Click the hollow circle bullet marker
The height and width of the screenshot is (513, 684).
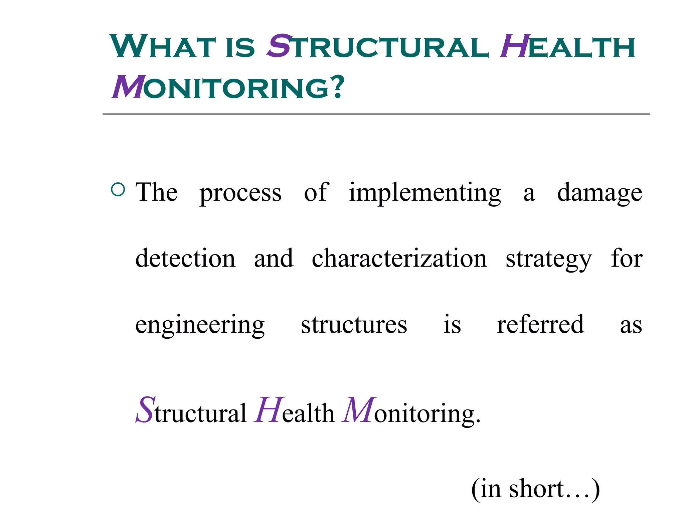pyautogui.click(x=118, y=189)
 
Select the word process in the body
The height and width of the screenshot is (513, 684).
pyautogui.click(x=240, y=193)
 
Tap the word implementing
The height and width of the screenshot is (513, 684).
pyautogui.click(x=425, y=193)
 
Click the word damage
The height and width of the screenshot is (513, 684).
pyautogui.click(x=600, y=193)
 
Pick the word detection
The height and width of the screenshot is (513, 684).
pyautogui.click(x=185, y=259)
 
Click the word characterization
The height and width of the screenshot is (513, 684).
pyautogui.click(x=399, y=259)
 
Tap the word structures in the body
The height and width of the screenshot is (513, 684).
pyautogui.click(x=354, y=325)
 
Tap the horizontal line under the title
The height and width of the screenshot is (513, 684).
pyautogui.click(x=376, y=114)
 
